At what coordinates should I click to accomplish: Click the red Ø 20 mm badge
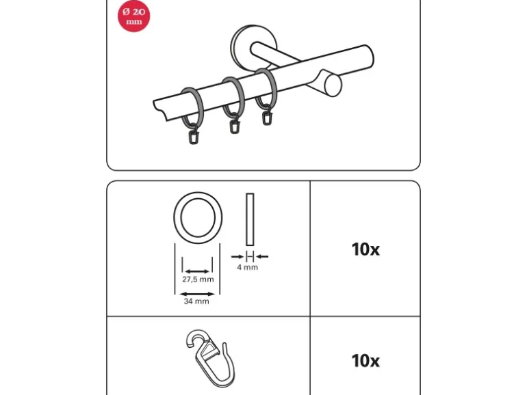click(x=133, y=16)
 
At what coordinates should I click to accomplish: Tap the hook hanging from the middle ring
click(x=234, y=124)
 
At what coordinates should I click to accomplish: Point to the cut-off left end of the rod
click(x=161, y=110)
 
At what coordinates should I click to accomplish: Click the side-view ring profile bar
click(x=250, y=219)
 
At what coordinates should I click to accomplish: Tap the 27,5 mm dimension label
click(x=198, y=280)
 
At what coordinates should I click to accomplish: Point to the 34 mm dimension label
click(x=196, y=301)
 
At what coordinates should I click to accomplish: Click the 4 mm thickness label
click(x=247, y=267)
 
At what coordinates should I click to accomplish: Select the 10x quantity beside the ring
click(x=365, y=249)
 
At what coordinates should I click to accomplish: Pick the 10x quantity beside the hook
click(x=365, y=361)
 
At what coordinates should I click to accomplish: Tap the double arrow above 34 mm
click(x=197, y=295)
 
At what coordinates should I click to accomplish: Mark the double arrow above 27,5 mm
click(x=197, y=271)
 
